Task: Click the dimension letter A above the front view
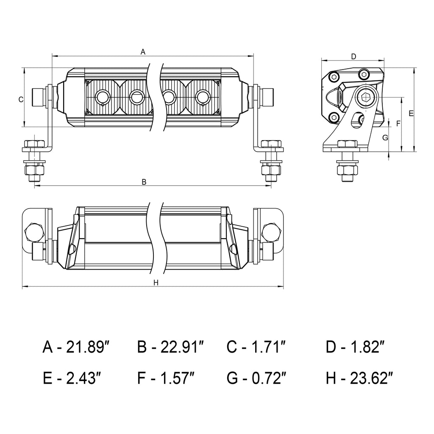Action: pyautogui.click(x=143, y=52)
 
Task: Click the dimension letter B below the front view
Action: pyautogui.click(x=144, y=182)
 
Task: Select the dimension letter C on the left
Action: pyautogui.click(x=20, y=99)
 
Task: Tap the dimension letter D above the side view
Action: pyautogui.click(x=354, y=56)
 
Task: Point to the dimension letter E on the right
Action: pyautogui.click(x=411, y=113)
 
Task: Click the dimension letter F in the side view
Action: pyautogui.click(x=398, y=123)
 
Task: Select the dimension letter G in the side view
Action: pyautogui.click(x=385, y=137)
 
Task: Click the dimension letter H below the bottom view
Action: pyautogui.click(x=156, y=283)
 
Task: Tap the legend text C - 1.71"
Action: pyautogui.click(x=255, y=347)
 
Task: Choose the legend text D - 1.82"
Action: pyautogui.click(x=355, y=347)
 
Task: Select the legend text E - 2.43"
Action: pyautogui.click(x=72, y=378)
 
